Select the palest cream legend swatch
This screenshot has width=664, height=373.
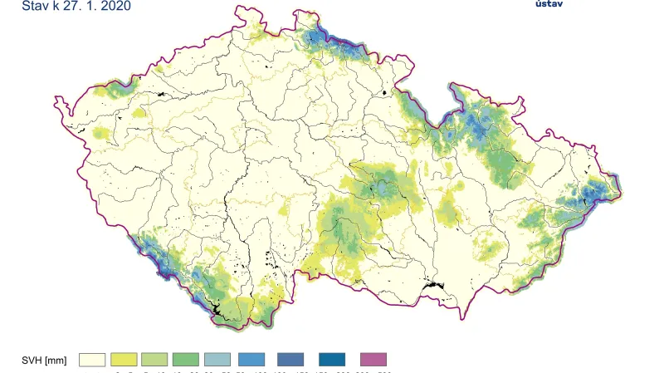(92, 360)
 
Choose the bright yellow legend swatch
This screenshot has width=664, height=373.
(124, 360)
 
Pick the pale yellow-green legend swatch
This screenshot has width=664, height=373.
(155, 360)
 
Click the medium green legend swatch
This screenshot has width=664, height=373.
(186, 360)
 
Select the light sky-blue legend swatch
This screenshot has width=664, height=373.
(251, 360)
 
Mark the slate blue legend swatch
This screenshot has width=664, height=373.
(290, 360)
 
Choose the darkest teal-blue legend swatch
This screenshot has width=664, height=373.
(331, 360)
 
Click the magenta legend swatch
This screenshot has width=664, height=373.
(373, 360)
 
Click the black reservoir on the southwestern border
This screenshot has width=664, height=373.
(217, 311)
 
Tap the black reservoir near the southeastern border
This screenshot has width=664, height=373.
(433, 287)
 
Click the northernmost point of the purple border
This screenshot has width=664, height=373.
(298, 14)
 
